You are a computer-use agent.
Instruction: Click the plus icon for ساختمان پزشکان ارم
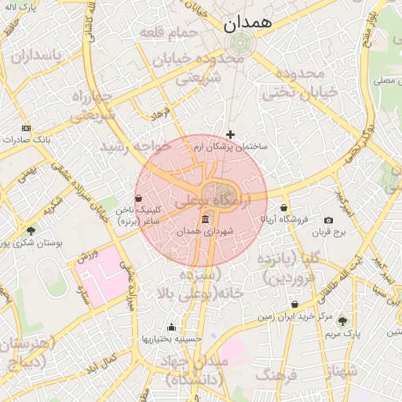(x=230, y=134)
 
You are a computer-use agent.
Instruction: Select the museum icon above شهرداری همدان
(x=206, y=218)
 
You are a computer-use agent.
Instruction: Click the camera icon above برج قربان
(x=328, y=220)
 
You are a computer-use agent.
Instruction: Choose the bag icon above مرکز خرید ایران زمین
(x=294, y=305)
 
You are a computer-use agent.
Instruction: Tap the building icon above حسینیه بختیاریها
(x=171, y=327)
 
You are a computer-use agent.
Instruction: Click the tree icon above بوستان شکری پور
(x=31, y=231)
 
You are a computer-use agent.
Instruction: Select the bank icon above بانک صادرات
(x=27, y=127)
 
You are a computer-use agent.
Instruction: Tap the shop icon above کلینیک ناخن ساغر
(x=139, y=199)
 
